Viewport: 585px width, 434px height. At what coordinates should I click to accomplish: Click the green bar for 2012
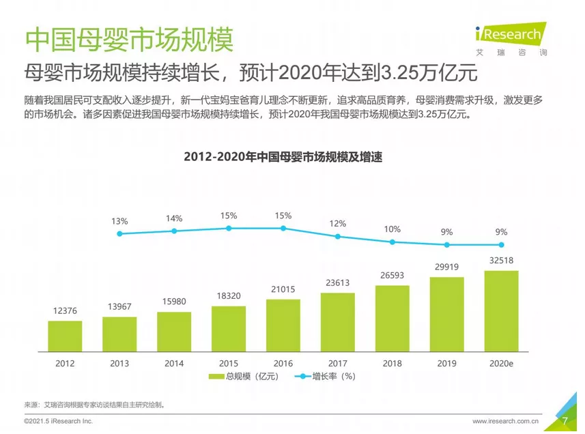point(66,335)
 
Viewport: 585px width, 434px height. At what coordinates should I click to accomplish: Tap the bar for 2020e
point(501,310)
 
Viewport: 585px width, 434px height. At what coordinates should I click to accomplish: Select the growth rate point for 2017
point(338,237)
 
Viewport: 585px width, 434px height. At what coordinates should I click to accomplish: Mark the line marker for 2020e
point(501,244)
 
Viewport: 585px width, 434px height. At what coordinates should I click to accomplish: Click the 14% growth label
point(174,218)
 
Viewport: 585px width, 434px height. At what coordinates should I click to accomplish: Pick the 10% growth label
point(392,229)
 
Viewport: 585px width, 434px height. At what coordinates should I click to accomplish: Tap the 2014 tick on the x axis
point(174,363)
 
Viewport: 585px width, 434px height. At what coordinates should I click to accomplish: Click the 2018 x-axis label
point(392,363)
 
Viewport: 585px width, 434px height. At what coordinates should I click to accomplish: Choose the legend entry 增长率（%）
point(325,376)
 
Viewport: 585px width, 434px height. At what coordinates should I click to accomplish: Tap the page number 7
point(565,421)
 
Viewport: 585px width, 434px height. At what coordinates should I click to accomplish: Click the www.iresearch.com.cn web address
point(506,422)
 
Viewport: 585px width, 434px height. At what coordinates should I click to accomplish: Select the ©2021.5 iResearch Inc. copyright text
point(58,422)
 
